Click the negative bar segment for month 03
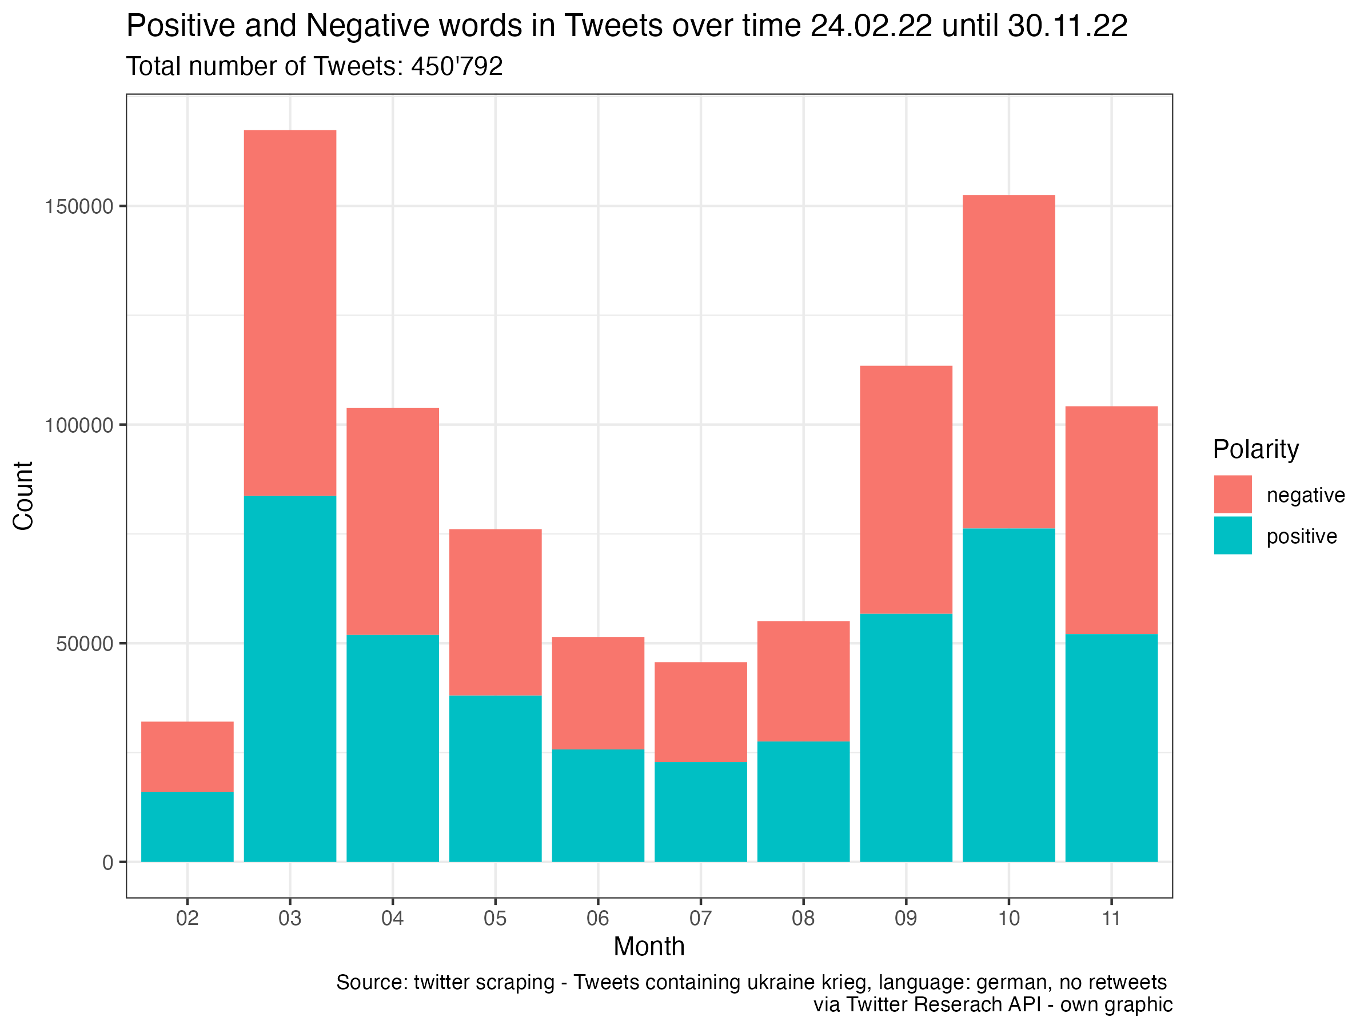tap(290, 313)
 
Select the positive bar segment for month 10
tap(1008, 695)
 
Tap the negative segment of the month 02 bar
tap(188, 756)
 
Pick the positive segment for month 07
tap(700, 811)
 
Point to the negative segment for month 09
tap(906, 489)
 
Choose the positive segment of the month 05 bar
tap(495, 779)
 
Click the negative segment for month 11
tap(1111, 520)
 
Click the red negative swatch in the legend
tap(1232, 494)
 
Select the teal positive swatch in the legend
tap(1232, 535)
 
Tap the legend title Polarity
tap(1255, 449)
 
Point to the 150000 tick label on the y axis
tap(79, 206)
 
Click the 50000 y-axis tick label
tap(85, 644)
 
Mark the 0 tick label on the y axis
tap(108, 863)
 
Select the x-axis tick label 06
tap(597, 918)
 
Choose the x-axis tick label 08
tap(803, 918)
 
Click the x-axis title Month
tap(649, 947)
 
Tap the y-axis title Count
tap(23, 496)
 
